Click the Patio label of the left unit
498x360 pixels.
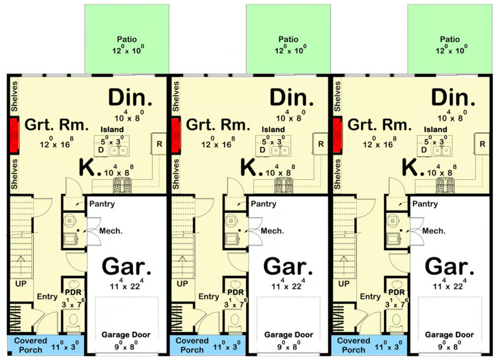127,39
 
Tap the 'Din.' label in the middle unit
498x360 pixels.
292,97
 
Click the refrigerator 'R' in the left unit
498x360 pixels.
160,144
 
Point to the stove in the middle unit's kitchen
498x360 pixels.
284,185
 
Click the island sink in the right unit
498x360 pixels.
442,150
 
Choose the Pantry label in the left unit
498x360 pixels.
102,204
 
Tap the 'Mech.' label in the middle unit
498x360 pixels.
272,231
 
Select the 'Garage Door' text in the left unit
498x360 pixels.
126,335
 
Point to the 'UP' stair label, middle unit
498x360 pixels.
182,284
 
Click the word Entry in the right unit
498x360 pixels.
370,296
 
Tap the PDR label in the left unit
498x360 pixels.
73,292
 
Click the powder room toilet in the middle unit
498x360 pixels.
235,322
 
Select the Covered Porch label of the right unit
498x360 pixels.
354,345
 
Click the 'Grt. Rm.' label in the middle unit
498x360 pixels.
218,125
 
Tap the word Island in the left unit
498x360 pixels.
112,129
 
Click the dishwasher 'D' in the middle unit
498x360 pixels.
262,150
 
